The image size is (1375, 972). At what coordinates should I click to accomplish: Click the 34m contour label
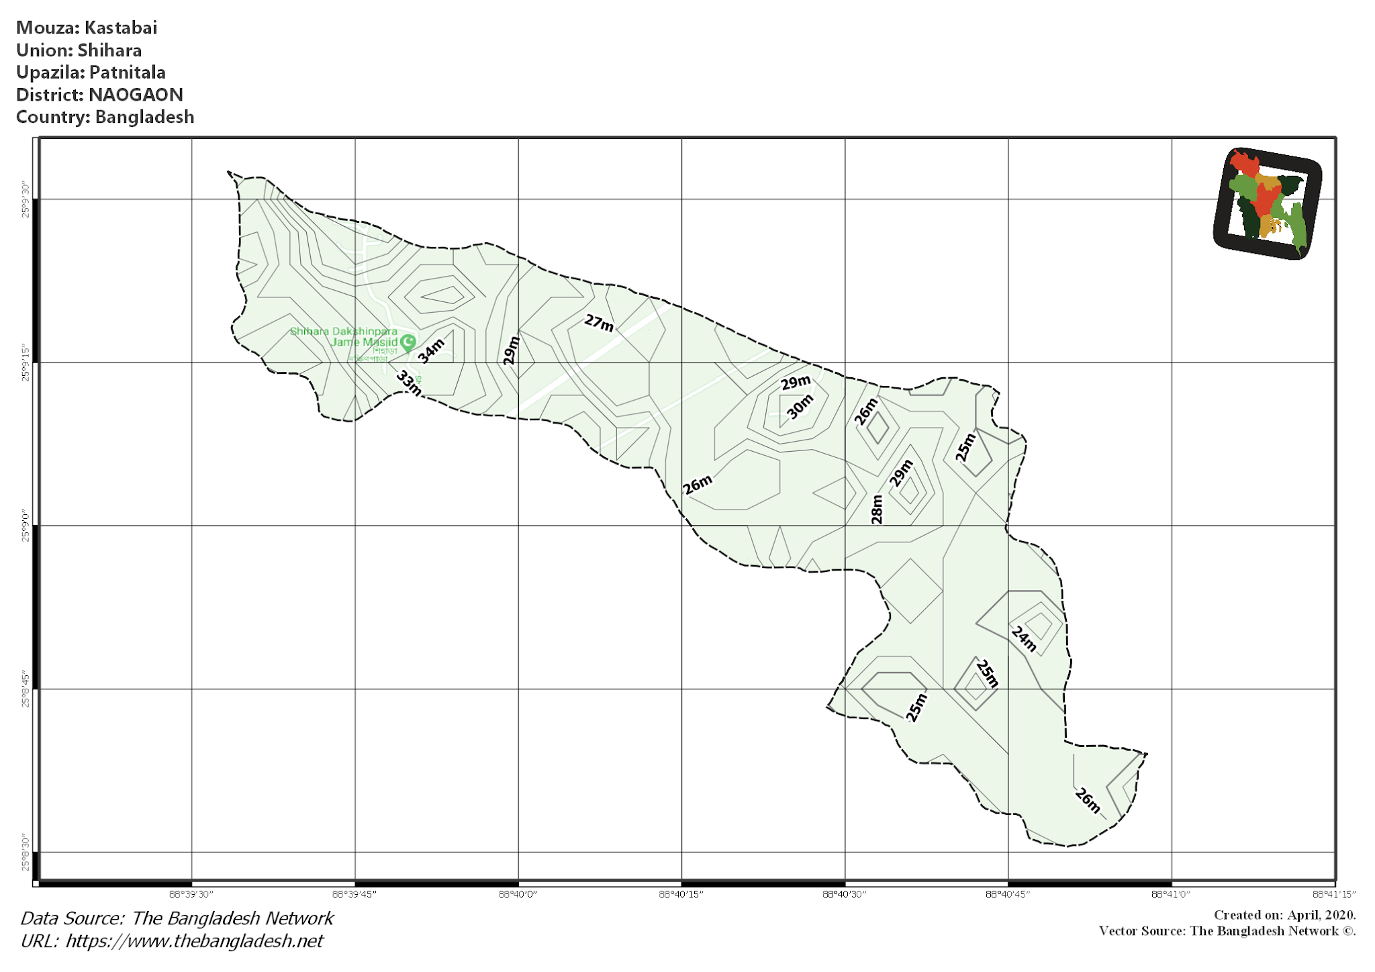[x=431, y=350]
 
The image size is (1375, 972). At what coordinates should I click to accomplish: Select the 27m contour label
[x=599, y=323]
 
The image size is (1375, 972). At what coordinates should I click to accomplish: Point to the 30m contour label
[x=800, y=407]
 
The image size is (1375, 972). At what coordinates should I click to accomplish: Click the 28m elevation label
[x=877, y=509]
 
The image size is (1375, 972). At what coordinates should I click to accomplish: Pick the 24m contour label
[x=1024, y=638]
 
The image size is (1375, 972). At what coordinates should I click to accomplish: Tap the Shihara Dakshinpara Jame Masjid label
[x=344, y=336]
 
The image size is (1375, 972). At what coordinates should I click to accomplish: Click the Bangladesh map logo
[x=1268, y=203]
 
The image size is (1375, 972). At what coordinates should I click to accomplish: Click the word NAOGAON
[x=136, y=95]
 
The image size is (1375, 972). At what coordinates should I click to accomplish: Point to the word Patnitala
[x=127, y=72]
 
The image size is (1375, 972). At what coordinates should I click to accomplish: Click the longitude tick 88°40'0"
[x=518, y=894]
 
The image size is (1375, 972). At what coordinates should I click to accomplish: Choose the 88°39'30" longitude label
[x=191, y=894]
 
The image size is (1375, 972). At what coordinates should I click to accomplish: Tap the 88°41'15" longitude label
[x=1334, y=894]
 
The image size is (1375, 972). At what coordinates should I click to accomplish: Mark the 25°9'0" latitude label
[x=26, y=526]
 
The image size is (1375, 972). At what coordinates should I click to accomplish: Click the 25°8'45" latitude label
[x=26, y=689]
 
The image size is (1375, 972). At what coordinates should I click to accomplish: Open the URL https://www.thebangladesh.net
[x=194, y=941]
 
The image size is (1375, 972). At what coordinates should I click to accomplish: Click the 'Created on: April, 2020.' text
[x=1284, y=915]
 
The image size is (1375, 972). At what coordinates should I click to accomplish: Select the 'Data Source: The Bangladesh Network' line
[x=177, y=918]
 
